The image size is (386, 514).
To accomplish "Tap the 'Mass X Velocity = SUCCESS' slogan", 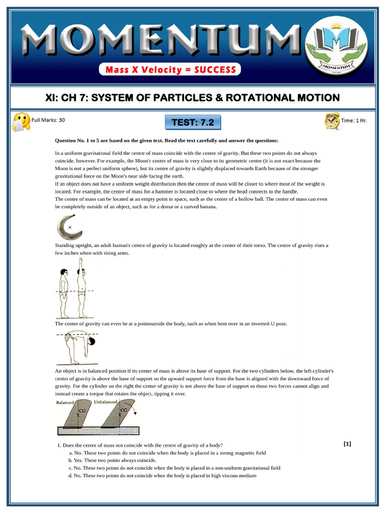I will pyautogui.click(x=170, y=70).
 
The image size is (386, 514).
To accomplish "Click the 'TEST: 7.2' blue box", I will pyautogui.click(x=192, y=122).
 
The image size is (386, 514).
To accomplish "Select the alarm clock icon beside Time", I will pyautogui.click(x=332, y=121).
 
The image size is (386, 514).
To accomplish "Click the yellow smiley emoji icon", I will pyautogui.click(x=21, y=121).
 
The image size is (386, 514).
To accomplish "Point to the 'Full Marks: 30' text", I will pyautogui.click(x=48, y=120).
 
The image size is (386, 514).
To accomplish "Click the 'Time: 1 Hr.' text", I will pyautogui.click(x=354, y=120).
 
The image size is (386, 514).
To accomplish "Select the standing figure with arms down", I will pyautogui.click(x=64, y=292).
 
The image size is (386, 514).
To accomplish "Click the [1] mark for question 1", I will pyautogui.click(x=347, y=443).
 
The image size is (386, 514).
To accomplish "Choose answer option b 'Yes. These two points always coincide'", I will pyautogui.click(x=115, y=460).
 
